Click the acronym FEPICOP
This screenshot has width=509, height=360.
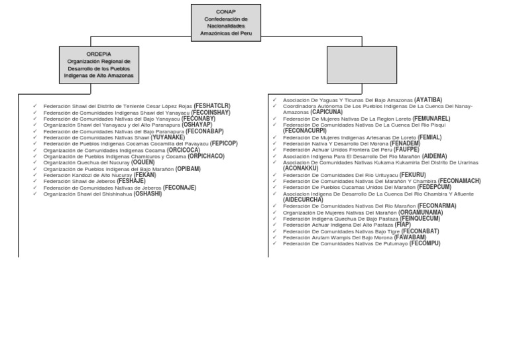coord(223,143)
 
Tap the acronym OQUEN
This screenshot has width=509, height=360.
coord(142,162)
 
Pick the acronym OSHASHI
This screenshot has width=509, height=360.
coord(148,194)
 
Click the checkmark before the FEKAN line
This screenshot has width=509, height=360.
coord(34,175)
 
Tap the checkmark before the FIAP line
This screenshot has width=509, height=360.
coord(274,225)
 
